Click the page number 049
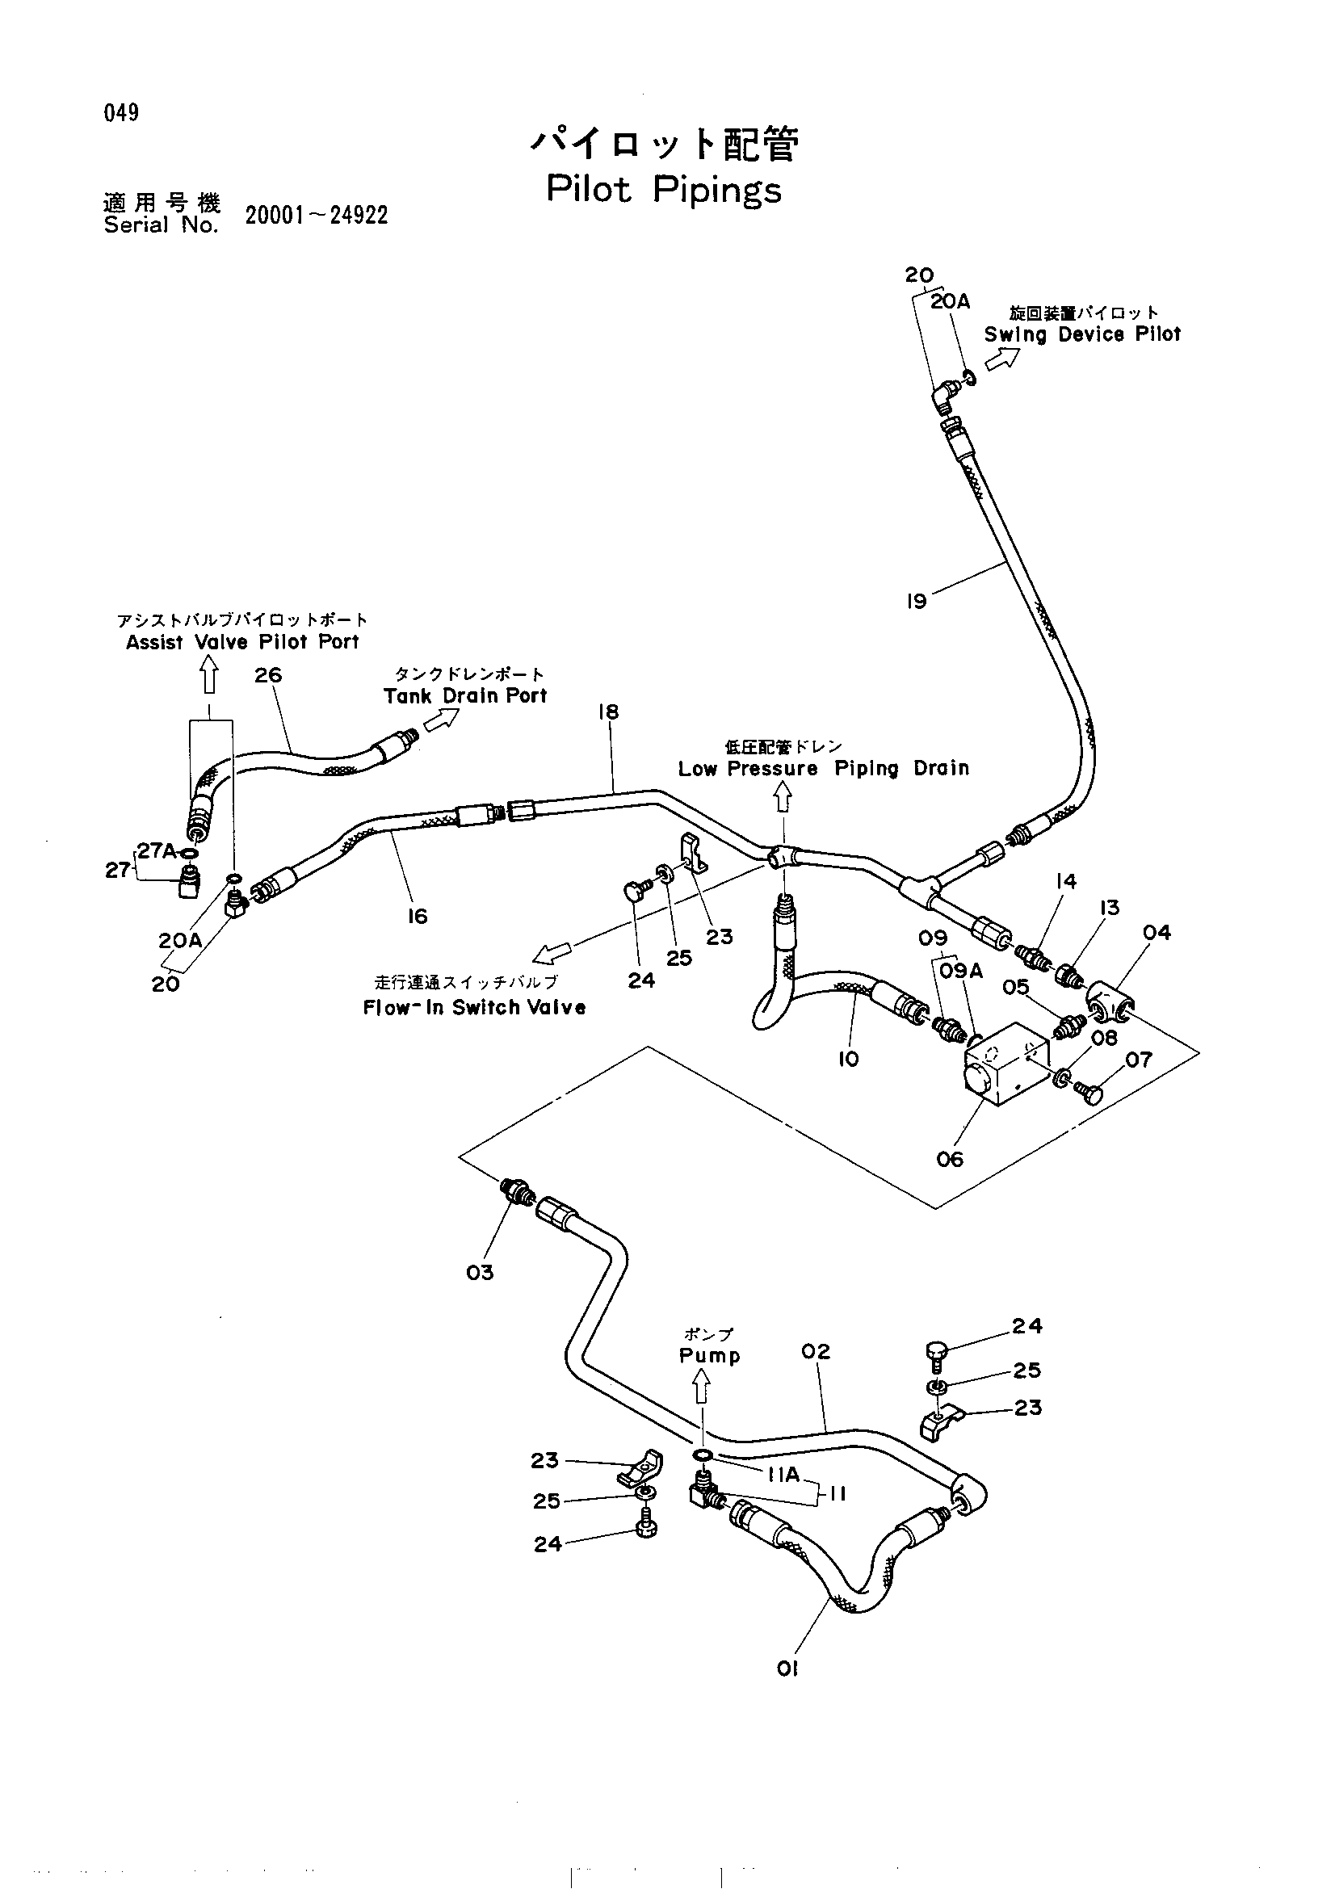tap(121, 113)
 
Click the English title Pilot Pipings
tap(664, 191)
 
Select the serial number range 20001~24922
tap(317, 216)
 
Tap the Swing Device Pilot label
tap(1082, 335)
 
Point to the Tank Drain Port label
tap(464, 696)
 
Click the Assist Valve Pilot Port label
tap(242, 643)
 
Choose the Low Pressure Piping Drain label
tap(824, 768)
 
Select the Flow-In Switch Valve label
tap(475, 1008)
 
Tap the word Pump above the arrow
tap(709, 1357)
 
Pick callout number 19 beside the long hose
tap(916, 602)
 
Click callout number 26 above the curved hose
tap(268, 675)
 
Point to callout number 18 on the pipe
tap(608, 712)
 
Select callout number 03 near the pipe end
tap(480, 1273)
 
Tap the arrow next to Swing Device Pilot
tap(1003, 359)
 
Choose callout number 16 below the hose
tap(417, 917)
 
